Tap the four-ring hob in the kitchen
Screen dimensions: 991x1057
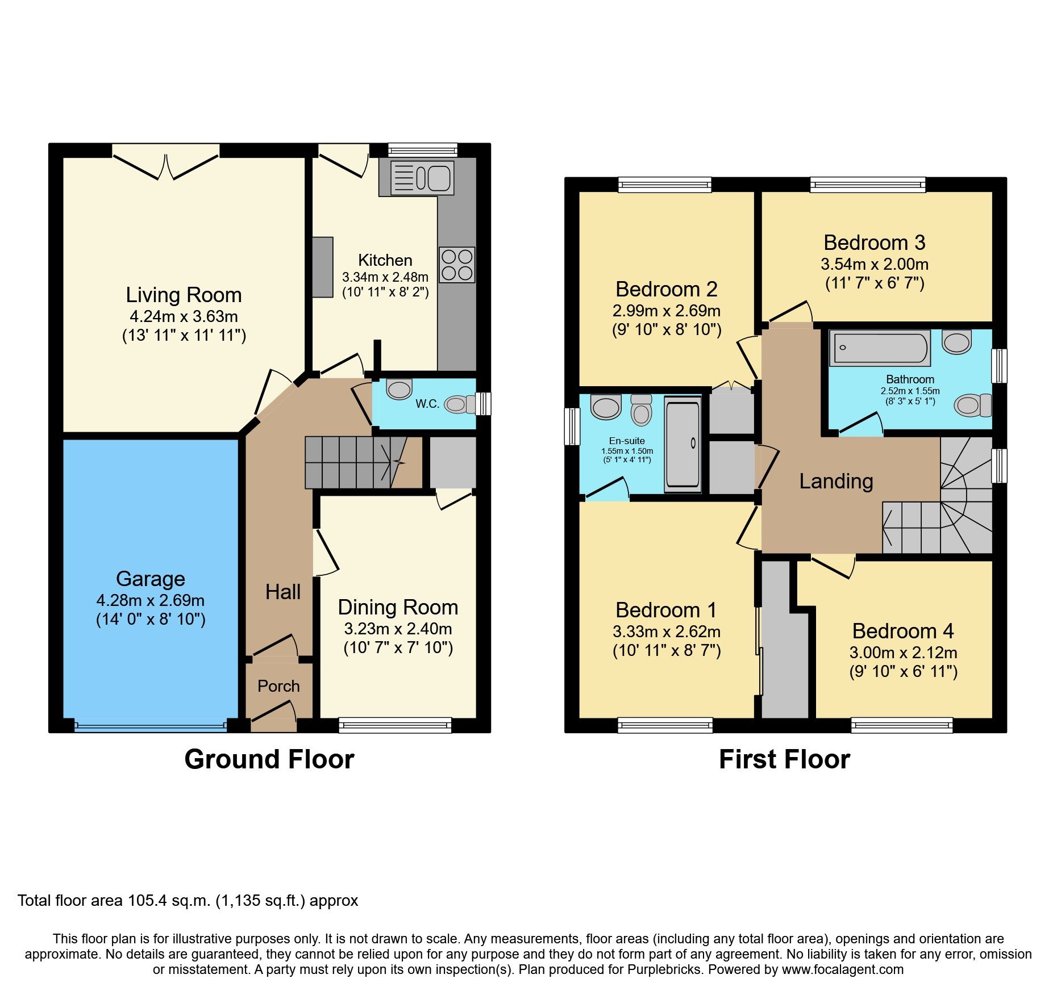[x=457, y=265]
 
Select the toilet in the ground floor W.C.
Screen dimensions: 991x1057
[x=460, y=404]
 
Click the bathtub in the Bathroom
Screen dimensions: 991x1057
[x=879, y=348]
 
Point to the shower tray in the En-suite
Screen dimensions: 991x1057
[x=682, y=445]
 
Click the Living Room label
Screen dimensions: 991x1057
[x=184, y=295]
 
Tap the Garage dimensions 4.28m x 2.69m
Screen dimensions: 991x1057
[x=151, y=600]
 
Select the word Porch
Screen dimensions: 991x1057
[x=278, y=686]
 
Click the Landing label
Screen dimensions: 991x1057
[x=835, y=481]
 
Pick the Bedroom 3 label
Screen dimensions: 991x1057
[x=874, y=242]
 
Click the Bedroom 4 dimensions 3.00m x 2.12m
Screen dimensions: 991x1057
[x=903, y=653]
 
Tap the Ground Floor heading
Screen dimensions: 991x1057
[x=269, y=759]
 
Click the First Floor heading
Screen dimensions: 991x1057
[x=784, y=759]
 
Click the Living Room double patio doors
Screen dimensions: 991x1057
[x=165, y=162]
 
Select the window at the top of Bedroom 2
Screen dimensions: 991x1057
[x=664, y=184]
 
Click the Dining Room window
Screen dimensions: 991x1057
[x=395, y=725]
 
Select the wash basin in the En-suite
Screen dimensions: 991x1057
[x=606, y=407]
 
